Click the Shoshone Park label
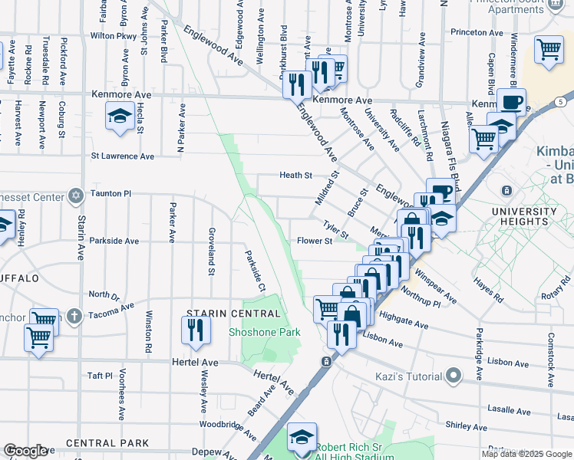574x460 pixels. click(265, 332)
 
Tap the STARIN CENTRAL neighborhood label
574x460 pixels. click(234, 314)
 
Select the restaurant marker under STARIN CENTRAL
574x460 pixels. click(195, 330)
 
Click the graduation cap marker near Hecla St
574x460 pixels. click(119, 117)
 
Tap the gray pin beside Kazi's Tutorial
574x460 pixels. click(454, 376)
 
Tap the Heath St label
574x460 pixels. click(295, 176)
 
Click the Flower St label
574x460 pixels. click(314, 241)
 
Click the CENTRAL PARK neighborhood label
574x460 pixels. click(107, 443)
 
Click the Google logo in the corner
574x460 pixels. click(26, 451)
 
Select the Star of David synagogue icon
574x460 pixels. click(75, 194)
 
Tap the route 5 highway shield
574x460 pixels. click(562, 101)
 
